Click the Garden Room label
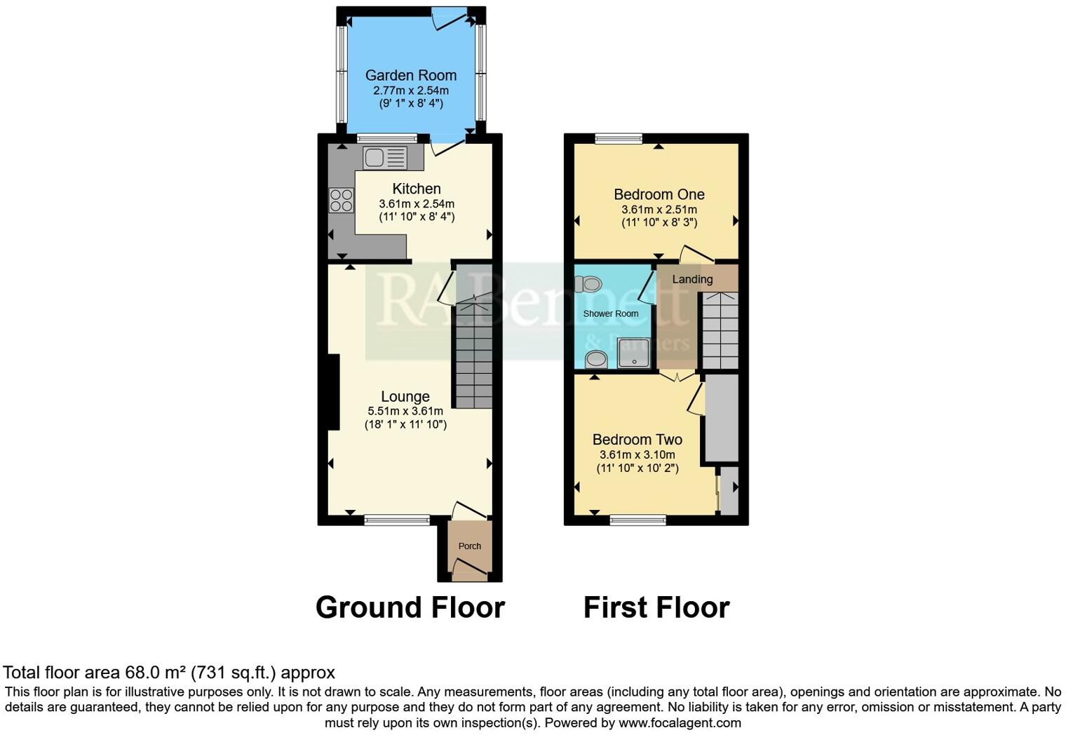tap(410, 75)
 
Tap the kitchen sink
tap(384, 158)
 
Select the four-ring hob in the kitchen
tap(342, 201)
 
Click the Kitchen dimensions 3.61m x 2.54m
tap(417, 204)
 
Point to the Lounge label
tap(405, 396)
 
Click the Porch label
tap(469, 546)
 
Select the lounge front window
tap(397, 520)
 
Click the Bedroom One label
tap(659, 194)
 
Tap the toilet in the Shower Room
tap(589, 284)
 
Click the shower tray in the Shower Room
tap(633, 353)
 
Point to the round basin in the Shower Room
tap(596, 359)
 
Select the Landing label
tap(692, 279)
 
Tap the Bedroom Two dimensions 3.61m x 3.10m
tap(637, 454)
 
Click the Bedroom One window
tap(619, 138)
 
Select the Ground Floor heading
tap(410, 607)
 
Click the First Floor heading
tap(656, 607)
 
